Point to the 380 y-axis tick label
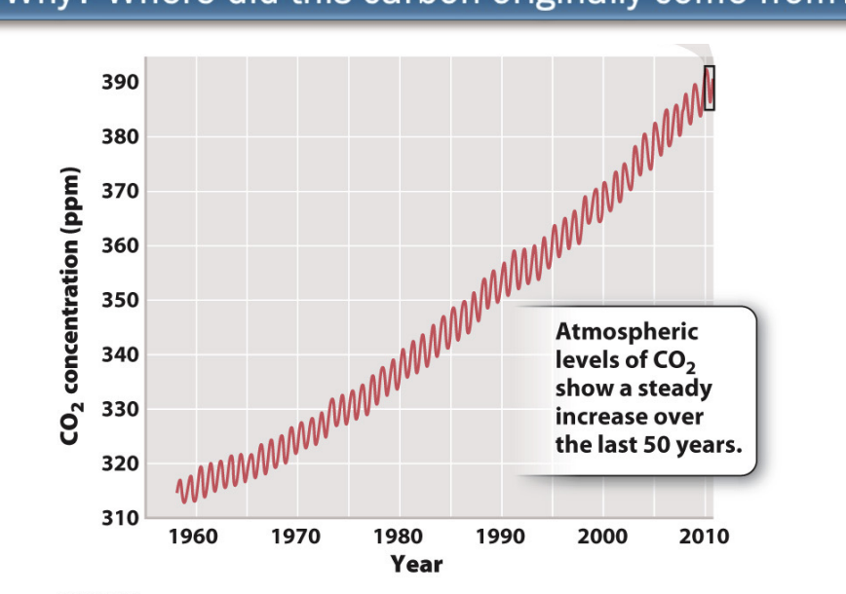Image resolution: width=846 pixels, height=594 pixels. [120, 137]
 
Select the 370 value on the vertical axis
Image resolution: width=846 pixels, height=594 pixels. [120, 192]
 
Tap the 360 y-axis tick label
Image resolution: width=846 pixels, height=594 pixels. [120, 246]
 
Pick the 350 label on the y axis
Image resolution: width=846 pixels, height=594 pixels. [120, 301]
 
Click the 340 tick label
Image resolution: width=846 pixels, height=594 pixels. [120, 355]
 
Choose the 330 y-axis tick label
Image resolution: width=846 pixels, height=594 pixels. [120, 410]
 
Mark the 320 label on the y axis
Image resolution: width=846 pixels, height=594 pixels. [120, 464]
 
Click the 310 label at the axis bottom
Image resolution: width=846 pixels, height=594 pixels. [120, 517]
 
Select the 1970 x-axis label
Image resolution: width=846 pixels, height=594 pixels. [296, 537]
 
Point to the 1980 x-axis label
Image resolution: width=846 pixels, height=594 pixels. [399, 537]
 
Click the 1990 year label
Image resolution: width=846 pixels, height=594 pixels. [500, 537]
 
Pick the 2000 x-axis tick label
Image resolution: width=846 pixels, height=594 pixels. [602, 537]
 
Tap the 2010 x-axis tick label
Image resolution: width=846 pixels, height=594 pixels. [704, 537]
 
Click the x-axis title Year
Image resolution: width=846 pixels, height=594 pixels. [416, 564]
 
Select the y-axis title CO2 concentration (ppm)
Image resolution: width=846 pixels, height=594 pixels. [69, 307]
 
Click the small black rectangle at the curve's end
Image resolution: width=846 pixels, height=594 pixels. [710, 88]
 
